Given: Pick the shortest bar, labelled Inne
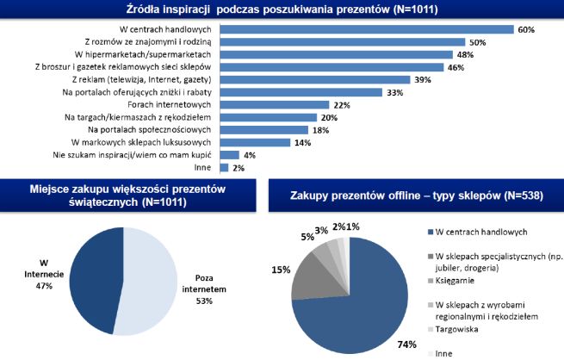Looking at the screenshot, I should coord(224,167).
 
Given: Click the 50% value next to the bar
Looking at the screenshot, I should coord(478,41).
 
